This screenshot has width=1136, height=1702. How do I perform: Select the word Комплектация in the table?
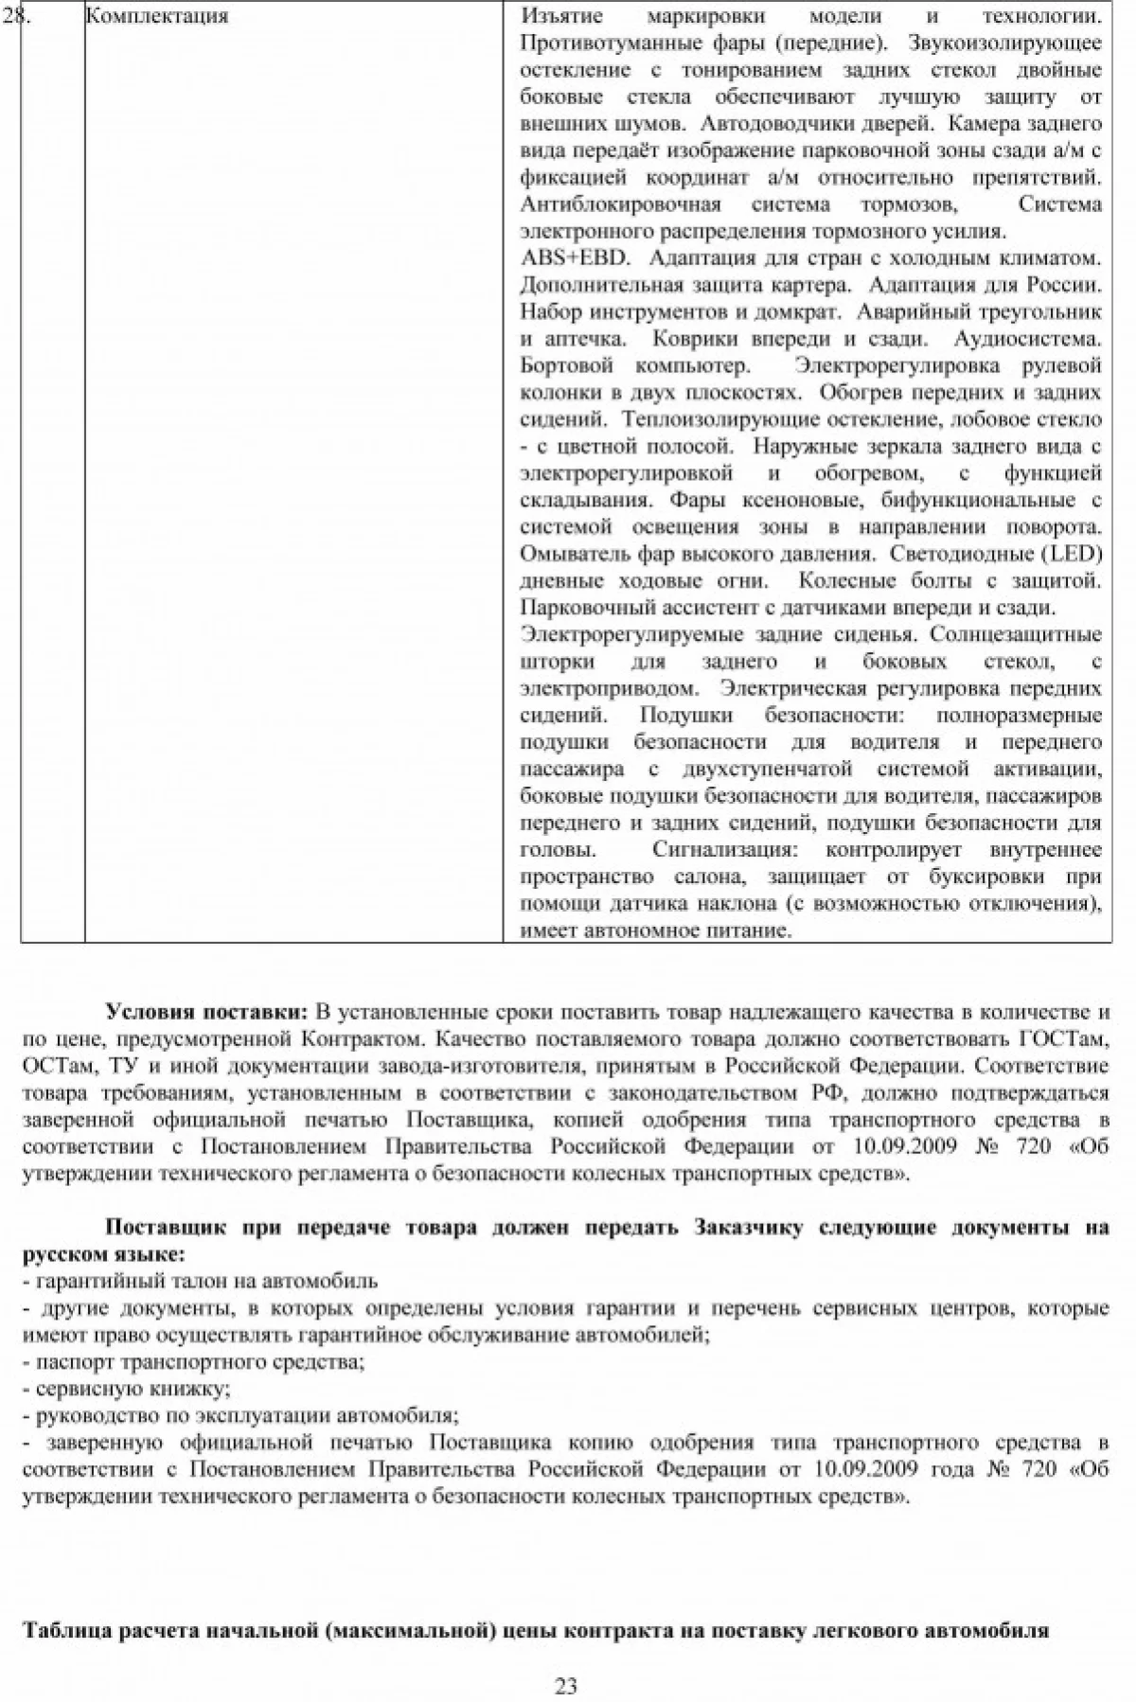point(156,16)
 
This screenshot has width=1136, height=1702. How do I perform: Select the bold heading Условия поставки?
point(207,1012)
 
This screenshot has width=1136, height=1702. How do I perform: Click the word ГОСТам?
point(1064,1039)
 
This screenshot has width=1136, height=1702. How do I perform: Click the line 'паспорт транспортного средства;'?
point(193,1363)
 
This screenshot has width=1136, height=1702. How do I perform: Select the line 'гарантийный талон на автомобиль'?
point(200,1282)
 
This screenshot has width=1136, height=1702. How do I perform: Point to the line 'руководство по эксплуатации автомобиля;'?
point(240,1417)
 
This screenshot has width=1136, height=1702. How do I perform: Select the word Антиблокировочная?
point(620,204)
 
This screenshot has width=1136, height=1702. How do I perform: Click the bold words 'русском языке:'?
point(104,1255)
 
